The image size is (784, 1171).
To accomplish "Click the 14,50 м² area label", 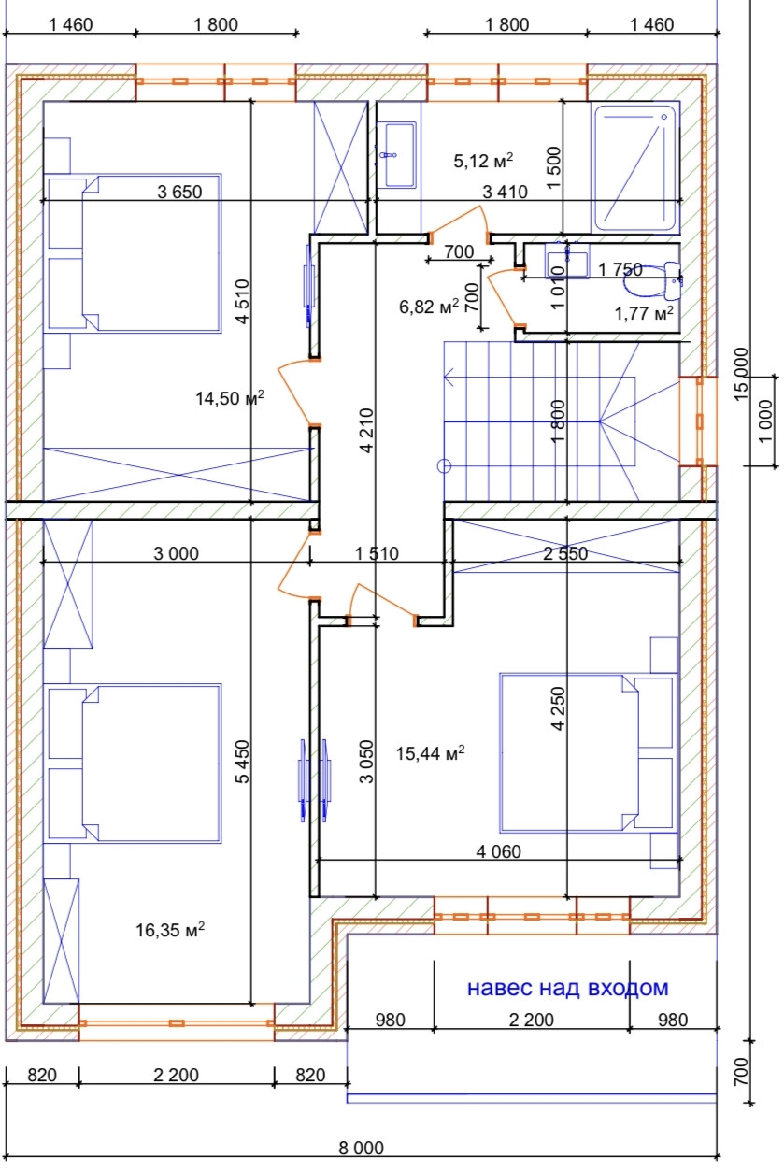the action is [230, 398].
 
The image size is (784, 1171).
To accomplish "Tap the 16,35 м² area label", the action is [170, 930].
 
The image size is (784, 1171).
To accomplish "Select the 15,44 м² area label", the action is [430, 753].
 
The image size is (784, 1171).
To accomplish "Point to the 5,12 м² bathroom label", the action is [483, 161].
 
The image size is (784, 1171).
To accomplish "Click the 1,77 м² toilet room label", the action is [644, 313].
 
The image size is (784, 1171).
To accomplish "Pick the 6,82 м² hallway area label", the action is [429, 307].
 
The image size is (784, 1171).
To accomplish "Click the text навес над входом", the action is [567, 988].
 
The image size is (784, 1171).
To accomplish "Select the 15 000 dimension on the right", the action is [742, 375].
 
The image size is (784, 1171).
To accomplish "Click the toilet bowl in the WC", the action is [652, 281].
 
